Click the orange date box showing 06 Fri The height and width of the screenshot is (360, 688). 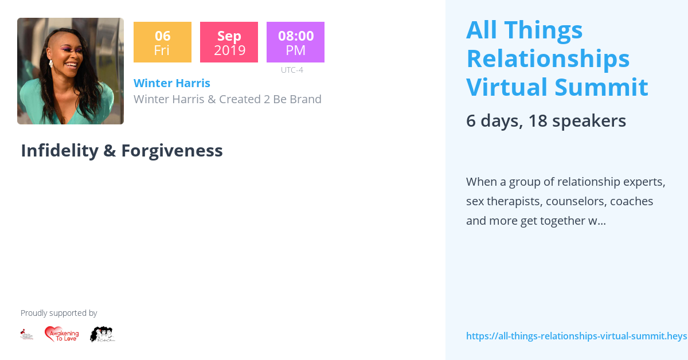click(x=162, y=42)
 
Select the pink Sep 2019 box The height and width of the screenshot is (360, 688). click(x=229, y=42)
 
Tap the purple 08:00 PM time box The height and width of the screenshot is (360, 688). click(x=295, y=42)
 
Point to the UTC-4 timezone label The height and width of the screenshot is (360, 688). click(x=292, y=70)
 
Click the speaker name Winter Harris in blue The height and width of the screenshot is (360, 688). click(x=172, y=83)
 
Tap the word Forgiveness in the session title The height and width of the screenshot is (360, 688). click(x=171, y=151)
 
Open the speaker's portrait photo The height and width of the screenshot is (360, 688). click(x=71, y=71)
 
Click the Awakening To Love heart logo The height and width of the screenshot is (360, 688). click(x=62, y=334)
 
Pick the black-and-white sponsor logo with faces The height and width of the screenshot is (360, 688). click(x=103, y=334)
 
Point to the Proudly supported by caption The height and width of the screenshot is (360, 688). click(x=58, y=313)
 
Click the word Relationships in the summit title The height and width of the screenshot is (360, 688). click(x=548, y=58)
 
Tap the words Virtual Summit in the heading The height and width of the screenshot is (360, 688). click(x=557, y=87)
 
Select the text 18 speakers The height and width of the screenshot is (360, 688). click(x=577, y=121)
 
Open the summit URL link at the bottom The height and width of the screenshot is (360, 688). click(x=576, y=336)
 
